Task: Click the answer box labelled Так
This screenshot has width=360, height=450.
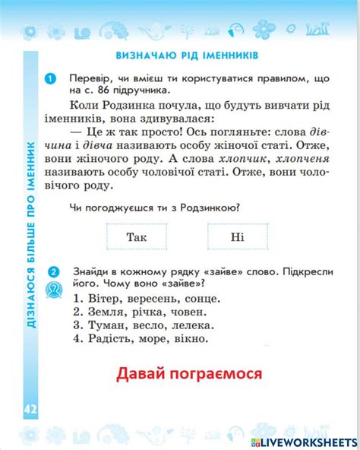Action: [137, 237]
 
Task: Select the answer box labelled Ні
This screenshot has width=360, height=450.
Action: [238, 237]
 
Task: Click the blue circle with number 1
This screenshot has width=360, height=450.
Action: [52, 78]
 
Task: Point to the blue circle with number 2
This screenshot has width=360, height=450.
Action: [52, 271]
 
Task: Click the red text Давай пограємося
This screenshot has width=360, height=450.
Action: [189, 374]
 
